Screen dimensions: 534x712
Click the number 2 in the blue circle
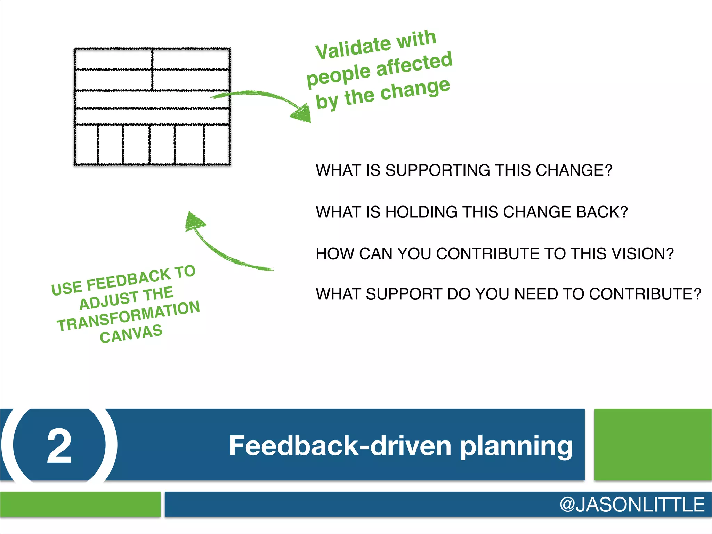point(59,446)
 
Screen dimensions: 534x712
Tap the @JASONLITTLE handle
point(632,505)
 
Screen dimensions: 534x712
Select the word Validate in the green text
point(353,48)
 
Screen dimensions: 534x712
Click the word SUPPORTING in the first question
point(438,170)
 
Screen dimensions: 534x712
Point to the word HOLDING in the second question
point(421,212)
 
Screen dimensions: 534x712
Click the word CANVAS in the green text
point(131,334)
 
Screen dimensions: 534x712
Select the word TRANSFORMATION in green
point(128,316)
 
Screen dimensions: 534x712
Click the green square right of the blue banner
point(653,445)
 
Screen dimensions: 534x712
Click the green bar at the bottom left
point(80,504)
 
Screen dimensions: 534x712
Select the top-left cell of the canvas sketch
point(113,59)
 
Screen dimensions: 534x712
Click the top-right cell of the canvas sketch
point(191,59)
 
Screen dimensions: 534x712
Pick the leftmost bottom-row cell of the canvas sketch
point(86,144)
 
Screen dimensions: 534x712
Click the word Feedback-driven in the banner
point(340,446)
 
